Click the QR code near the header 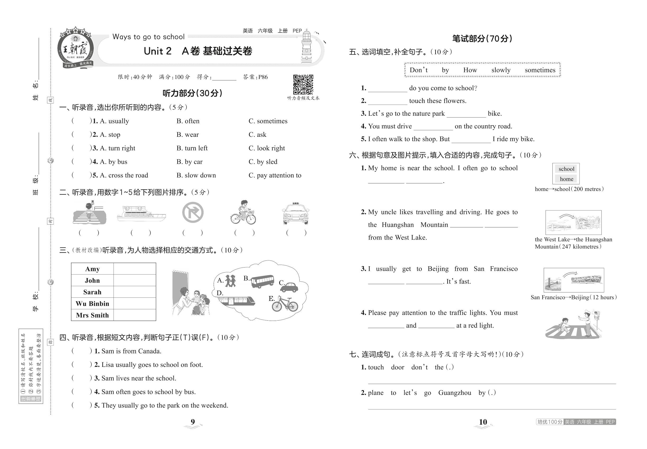(303, 85)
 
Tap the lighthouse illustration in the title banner (306, 47)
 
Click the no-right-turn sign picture (193, 212)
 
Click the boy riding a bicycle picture (243, 212)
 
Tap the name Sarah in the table (92, 292)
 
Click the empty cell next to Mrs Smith (134, 315)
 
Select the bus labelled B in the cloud (262, 281)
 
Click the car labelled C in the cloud (289, 287)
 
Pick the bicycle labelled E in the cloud (285, 304)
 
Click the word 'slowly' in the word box (501, 70)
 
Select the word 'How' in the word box (470, 70)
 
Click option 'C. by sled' (263, 162)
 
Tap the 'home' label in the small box (566, 179)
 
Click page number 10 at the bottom (483, 422)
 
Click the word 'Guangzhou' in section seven (454, 393)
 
